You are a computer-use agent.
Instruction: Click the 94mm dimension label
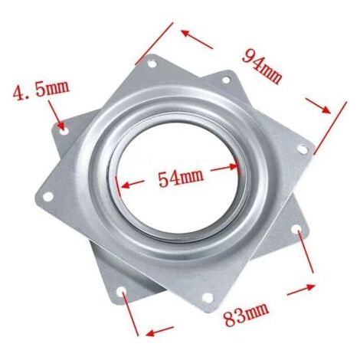(262, 66)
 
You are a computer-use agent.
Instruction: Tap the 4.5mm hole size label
(41, 90)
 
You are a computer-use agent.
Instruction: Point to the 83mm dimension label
(246, 314)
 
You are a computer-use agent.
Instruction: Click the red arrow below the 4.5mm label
(56, 115)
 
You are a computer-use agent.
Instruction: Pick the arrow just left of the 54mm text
(133, 185)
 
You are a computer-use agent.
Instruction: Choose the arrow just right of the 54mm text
(224, 168)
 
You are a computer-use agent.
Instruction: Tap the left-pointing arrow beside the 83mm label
(159, 330)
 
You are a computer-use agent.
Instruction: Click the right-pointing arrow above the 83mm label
(300, 290)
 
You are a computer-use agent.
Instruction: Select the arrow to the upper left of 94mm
(197, 39)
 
